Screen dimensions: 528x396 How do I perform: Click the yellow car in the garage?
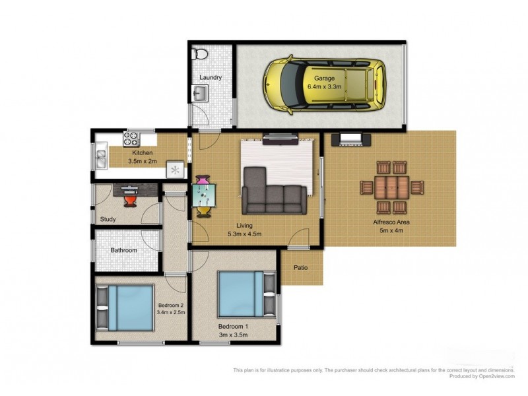(325, 84)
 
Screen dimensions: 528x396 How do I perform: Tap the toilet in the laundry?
(200, 54)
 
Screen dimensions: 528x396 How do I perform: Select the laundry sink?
(200, 92)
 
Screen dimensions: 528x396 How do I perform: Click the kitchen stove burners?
(131, 139)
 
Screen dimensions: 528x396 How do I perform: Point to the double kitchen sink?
(101, 159)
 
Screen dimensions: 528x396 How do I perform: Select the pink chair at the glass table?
(203, 180)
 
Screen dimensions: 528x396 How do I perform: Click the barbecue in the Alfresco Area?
(351, 139)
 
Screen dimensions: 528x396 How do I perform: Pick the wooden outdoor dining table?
(392, 187)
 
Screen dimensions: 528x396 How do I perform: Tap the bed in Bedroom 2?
(125, 308)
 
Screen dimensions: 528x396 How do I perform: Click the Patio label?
(300, 268)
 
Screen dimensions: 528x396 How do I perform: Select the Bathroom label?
(124, 250)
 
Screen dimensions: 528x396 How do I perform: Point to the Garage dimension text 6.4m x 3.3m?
(324, 86)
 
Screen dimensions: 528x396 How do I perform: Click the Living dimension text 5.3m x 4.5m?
(244, 234)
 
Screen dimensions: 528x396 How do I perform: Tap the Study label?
(108, 219)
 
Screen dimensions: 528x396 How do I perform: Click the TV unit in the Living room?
(280, 139)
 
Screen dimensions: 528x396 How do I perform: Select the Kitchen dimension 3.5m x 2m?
(143, 161)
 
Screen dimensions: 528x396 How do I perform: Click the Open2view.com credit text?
(496, 376)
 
